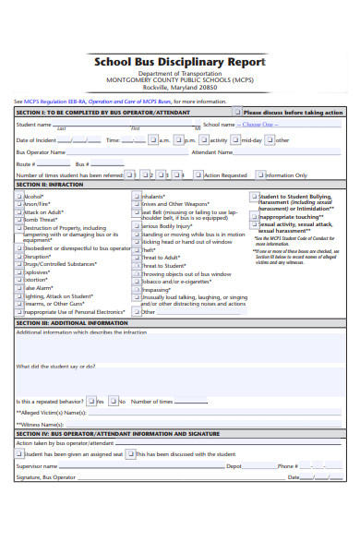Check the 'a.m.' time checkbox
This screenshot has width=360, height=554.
click(x=153, y=140)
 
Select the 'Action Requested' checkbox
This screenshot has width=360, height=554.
click(x=198, y=174)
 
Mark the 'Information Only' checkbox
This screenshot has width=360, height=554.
click(x=260, y=174)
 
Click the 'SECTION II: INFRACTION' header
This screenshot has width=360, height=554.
click(x=50, y=185)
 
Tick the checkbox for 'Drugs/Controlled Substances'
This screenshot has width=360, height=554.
click(x=19, y=264)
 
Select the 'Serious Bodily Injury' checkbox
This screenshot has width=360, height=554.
click(x=138, y=225)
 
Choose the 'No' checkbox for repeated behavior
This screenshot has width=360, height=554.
click(x=112, y=402)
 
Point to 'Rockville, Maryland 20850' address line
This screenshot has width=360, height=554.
click(x=180, y=89)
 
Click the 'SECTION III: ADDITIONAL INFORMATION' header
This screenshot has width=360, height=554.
click(x=72, y=323)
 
